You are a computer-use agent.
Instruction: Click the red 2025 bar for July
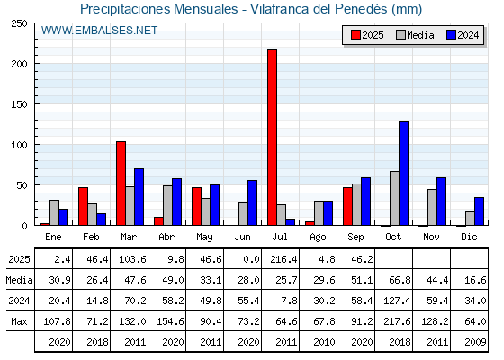272,138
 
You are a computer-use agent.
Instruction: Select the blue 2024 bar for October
404,174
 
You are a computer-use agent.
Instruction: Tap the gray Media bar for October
394,198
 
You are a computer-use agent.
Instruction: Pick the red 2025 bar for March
121,184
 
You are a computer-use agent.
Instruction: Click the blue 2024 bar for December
479,211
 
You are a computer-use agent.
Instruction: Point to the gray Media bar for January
54,212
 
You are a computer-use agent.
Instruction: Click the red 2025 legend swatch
355,35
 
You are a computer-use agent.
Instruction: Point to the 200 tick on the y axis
19,64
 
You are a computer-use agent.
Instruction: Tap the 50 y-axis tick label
22,185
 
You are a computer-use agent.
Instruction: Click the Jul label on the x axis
280,237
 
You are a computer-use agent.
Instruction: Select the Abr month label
166,237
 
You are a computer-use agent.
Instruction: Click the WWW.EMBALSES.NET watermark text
99,31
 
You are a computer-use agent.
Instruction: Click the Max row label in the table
19,321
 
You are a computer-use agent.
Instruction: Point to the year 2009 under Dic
475,342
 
